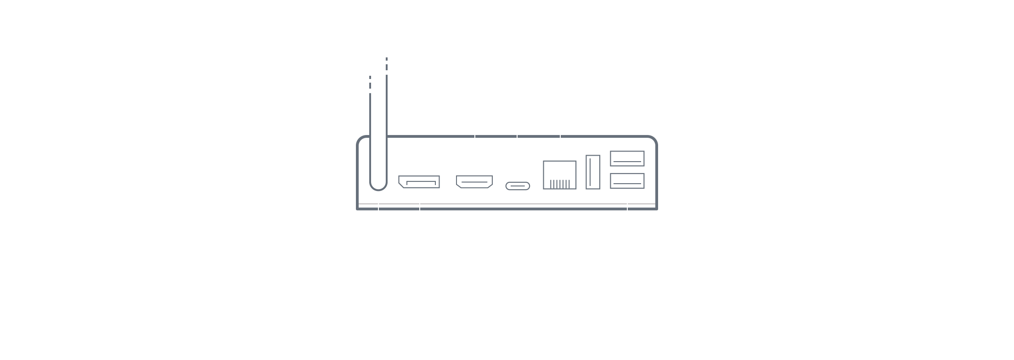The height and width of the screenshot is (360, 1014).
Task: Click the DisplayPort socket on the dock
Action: pos(419,182)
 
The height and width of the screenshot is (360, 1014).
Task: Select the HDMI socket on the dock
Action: pos(474,182)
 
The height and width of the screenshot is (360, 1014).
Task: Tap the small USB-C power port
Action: pos(518,186)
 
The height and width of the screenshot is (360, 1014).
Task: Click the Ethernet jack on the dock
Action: pos(559,174)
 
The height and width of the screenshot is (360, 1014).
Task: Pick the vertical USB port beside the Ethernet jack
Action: pos(593,172)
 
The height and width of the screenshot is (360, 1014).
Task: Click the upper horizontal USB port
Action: pos(627,159)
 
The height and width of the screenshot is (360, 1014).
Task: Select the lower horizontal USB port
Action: pos(627,180)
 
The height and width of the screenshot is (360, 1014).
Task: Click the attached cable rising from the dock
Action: pos(378,138)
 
